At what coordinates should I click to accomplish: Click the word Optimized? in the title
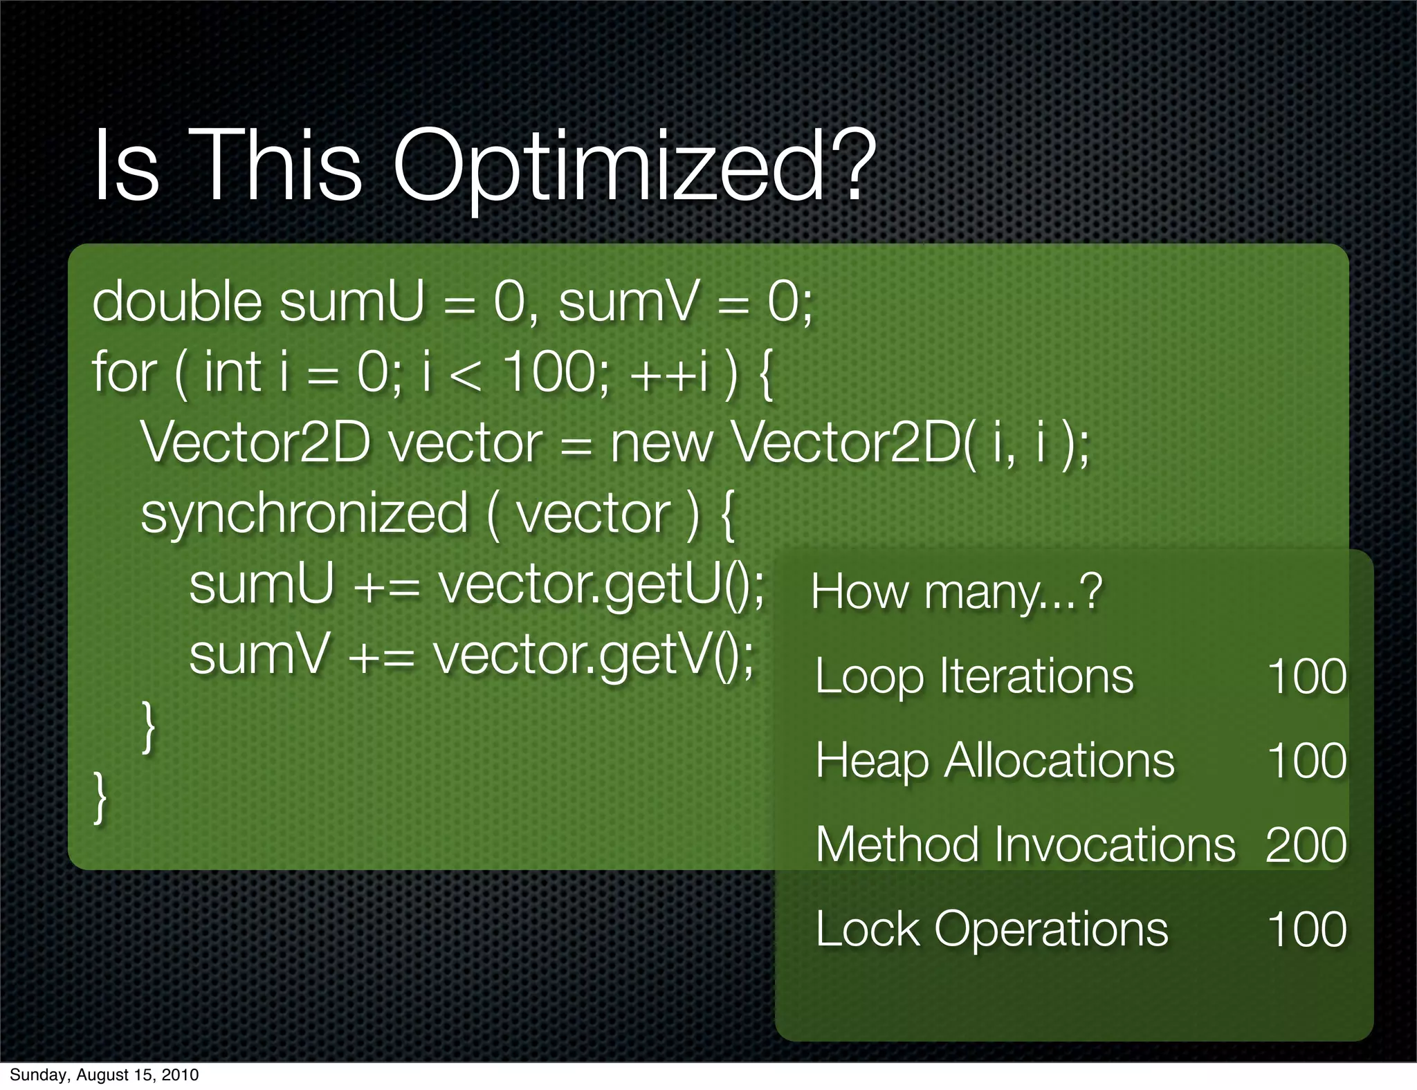pyautogui.click(x=630, y=167)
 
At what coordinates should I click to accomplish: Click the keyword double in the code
pyautogui.click(x=177, y=303)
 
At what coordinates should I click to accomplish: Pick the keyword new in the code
pyautogui.click(x=661, y=444)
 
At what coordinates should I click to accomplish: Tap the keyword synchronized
pyautogui.click(x=304, y=515)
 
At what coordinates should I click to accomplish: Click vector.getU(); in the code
pyautogui.click(x=602, y=585)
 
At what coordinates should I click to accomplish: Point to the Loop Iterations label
pyautogui.click(x=974, y=676)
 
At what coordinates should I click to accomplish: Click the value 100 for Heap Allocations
pyautogui.click(x=1306, y=761)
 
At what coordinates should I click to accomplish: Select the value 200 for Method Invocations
pyautogui.click(x=1306, y=845)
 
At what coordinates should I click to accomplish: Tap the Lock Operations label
pyautogui.click(x=991, y=929)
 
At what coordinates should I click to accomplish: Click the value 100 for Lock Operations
pyautogui.click(x=1306, y=929)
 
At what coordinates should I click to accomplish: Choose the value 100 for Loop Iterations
pyautogui.click(x=1306, y=676)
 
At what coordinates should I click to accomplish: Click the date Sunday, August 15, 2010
pyautogui.click(x=104, y=1075)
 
